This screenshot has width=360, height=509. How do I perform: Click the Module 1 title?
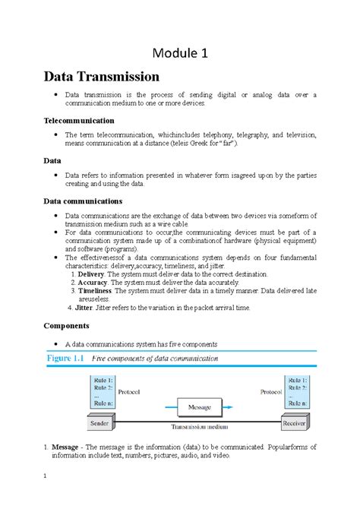180,54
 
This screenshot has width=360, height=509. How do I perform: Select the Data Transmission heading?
102,77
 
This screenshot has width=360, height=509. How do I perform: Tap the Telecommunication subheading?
79,120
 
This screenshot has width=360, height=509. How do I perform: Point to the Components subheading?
68,325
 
